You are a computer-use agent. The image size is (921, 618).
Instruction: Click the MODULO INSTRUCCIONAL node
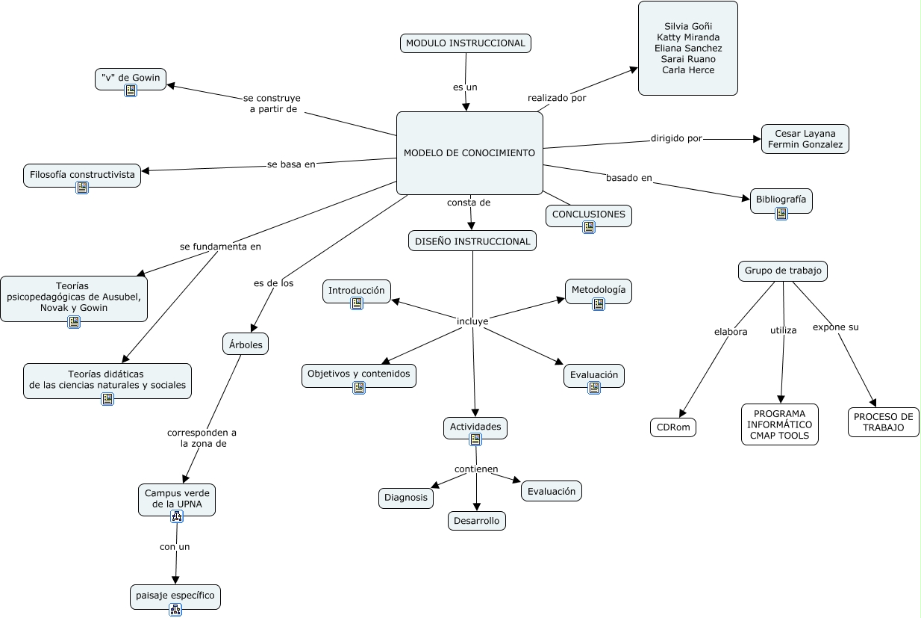click(466, 43)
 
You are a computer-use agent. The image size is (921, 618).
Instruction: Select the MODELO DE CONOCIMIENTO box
click(469, 153)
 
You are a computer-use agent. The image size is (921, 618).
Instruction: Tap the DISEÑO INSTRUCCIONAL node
click(472, 241)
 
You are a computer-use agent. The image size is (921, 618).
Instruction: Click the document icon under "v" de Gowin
click(131, 90)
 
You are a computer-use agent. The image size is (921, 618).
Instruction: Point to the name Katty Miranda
click(688, 37)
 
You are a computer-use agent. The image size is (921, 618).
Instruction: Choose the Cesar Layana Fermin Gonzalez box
click(805, 139)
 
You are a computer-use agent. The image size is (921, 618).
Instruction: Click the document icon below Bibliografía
click(781, 214)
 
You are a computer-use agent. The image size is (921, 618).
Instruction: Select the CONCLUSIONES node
click(589, 215)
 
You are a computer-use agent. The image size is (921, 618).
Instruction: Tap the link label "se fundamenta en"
click(220, 246)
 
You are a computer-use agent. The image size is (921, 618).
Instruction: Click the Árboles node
click(246, 344)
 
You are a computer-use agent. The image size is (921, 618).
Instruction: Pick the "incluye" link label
click(472, 321)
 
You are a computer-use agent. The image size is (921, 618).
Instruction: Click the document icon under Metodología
click(599, 304)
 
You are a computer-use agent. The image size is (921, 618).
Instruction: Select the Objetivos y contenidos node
click(359, 375)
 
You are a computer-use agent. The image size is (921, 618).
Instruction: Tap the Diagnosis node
click(406, 498)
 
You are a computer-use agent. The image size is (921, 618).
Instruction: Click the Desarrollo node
click(477, 521)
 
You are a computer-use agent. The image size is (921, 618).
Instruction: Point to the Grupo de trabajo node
click(783, 271)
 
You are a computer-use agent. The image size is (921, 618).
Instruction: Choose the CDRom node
click(673, 427)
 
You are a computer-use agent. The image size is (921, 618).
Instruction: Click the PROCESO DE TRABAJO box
click(883, 422)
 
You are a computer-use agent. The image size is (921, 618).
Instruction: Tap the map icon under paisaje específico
click(175, 609)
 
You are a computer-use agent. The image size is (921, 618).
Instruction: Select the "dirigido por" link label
click(676, 138)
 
